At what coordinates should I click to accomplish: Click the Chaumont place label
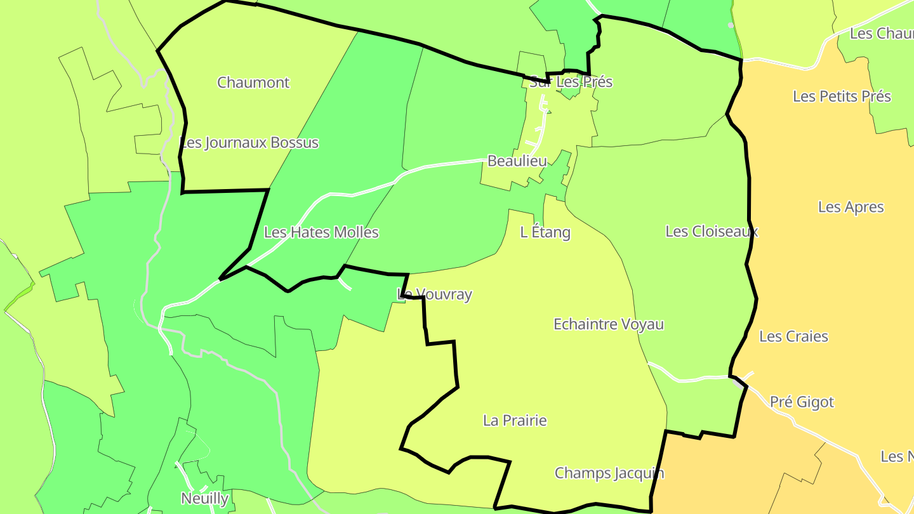click(x=253, y=82)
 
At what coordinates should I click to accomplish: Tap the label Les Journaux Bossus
click(x=249, y=142)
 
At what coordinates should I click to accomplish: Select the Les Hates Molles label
click(x=321, y=232)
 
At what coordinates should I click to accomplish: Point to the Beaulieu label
click(x=517, y=161)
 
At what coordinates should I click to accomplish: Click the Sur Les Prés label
click(x=571, y=82)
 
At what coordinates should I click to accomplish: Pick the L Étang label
click(x=545, y=232)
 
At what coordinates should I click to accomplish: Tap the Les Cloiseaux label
click(x=712, y=231)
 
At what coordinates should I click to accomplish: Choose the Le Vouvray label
click(x=435, y=294)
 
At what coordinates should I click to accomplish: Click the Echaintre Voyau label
click(x=609, y=324)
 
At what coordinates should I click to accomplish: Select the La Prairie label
click(x=515, y=420)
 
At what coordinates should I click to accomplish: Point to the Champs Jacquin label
click(x=609, y=473)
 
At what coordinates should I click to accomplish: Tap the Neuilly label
click(x=204, y=498)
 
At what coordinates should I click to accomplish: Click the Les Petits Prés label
click(x=842, y=96)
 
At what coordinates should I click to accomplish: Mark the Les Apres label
click(x=851, y=207)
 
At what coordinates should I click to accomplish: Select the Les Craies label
click(x=793, y=336)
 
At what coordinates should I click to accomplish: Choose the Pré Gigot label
click(x=802, y=402)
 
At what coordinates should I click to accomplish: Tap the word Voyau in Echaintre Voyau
click(x=642, y=324)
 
